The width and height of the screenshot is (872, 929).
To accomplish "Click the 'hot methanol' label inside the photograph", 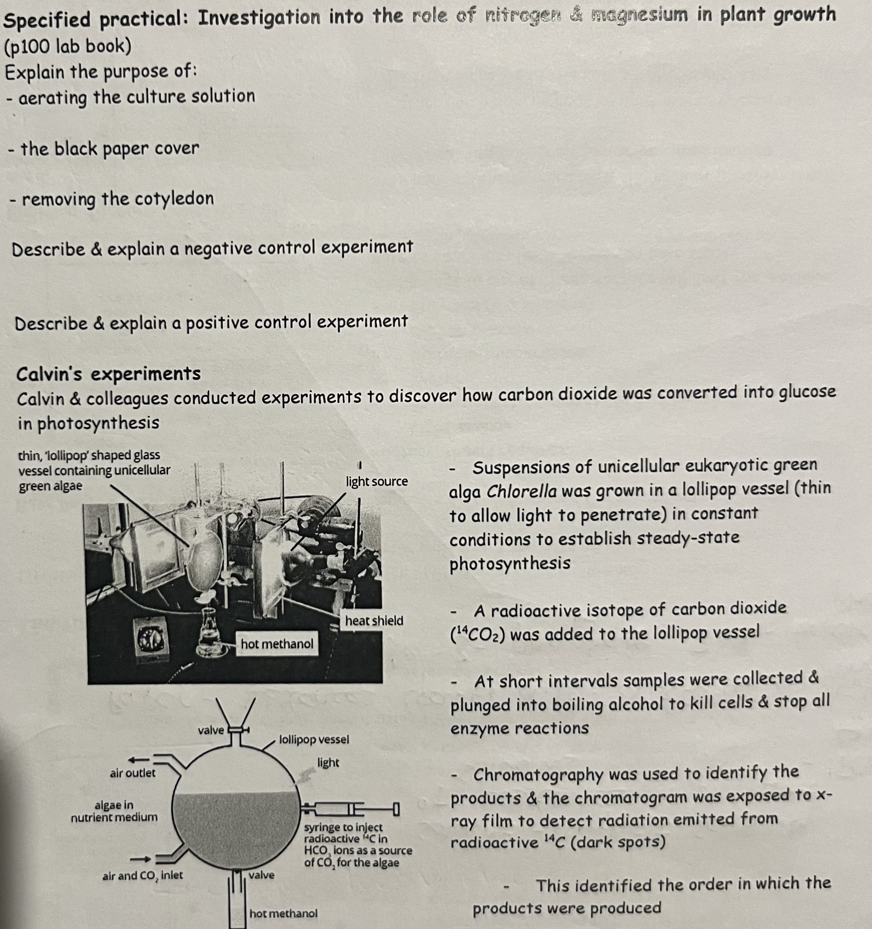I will (277, 644).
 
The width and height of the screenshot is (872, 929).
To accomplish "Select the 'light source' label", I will (377, 481).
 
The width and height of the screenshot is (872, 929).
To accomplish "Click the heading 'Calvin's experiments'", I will (109, 374).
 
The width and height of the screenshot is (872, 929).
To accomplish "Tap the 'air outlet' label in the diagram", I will (132, 773).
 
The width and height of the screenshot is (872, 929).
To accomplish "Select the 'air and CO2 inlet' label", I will (143, 875).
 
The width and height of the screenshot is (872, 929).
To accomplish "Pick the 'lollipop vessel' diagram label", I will (314, 740).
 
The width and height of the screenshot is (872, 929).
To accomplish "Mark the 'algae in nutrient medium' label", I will (114, 811).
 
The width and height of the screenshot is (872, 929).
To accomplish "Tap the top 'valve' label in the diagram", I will (211, 730).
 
